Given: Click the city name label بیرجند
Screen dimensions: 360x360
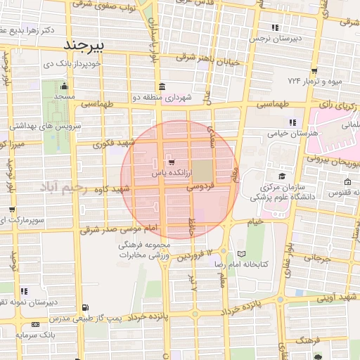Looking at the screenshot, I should [84, 45].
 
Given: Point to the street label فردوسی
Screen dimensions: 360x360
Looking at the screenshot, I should [200, 188].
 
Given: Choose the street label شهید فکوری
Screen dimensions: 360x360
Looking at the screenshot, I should [117, 143].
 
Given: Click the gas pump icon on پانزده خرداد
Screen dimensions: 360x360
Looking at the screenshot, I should [85, 307].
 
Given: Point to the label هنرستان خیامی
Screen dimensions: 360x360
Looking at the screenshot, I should [289, 133].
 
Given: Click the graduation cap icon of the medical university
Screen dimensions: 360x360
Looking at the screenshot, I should [282, 176].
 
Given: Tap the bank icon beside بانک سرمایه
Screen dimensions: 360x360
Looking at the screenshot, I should [36, 324].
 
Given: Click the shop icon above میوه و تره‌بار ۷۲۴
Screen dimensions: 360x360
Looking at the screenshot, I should [314, 70].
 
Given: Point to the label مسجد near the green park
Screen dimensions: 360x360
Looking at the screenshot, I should [66, 95].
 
